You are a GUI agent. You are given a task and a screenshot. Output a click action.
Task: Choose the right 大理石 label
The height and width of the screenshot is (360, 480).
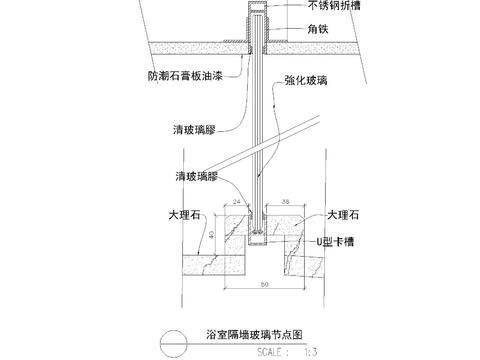click(x=351, y=214)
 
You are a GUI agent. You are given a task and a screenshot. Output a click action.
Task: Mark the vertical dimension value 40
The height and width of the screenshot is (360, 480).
click(x=198, y=237)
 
